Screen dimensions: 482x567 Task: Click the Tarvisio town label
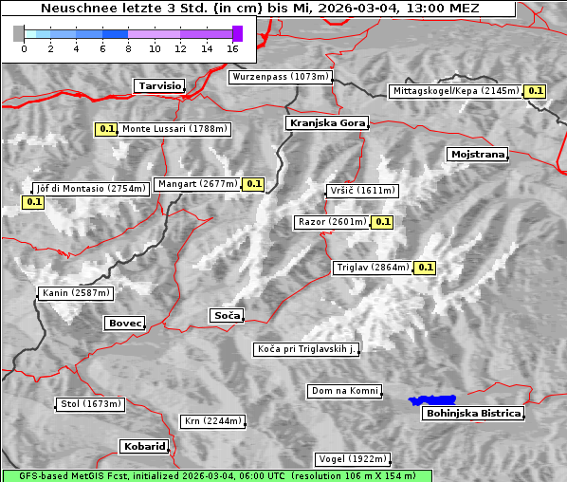pos(158,85)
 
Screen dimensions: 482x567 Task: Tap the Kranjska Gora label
pos(325,123)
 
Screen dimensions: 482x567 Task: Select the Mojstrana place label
pos(477,154)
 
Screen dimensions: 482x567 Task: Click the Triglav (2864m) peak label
pos(373,268)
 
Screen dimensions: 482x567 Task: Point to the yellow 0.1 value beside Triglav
pos(426,268)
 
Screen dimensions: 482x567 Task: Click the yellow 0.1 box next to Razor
pos(382,222)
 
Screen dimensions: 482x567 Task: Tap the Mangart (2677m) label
pos(198,184)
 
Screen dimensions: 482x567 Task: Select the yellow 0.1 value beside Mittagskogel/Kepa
pos(536,91)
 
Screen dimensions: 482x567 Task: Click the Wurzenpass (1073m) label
pos(281,77)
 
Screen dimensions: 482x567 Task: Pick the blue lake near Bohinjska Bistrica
pos(432,400)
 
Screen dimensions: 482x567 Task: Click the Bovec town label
pos(124,324)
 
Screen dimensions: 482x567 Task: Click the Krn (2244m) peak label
pos(212,421)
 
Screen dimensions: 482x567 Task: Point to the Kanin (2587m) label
pos(76,293)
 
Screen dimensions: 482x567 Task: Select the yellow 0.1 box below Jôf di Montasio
pos(33,202)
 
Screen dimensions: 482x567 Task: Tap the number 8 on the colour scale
pos(127,47)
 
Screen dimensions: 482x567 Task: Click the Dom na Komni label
pos(344,391)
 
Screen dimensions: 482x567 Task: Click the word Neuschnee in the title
pos(72,9)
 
